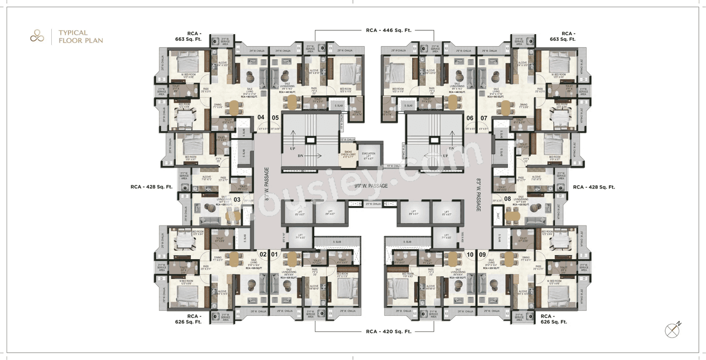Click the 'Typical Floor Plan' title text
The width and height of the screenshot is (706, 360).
click(x=81, y=37)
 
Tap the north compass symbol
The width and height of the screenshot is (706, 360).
click(x=672, y=330)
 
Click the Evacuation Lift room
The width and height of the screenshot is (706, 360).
click(x=368, y=156)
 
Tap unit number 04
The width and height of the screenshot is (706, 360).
click(x=261, y=117)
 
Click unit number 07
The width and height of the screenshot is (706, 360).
click(x=484, y=118)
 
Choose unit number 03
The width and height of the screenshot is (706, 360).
click(x=237, y=200)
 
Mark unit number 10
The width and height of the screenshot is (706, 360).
click(x=470, y=255)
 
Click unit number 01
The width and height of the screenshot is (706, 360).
click(x=274, y=255)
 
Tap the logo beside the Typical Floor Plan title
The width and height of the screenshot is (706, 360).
click(x=37, y=37)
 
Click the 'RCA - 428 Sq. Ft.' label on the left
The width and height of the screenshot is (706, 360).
click(x=152, y=187)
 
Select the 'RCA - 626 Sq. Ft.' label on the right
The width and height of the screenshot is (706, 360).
click(x=554, y=319)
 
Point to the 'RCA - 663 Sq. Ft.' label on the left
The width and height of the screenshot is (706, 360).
click(x=188, y=36)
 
